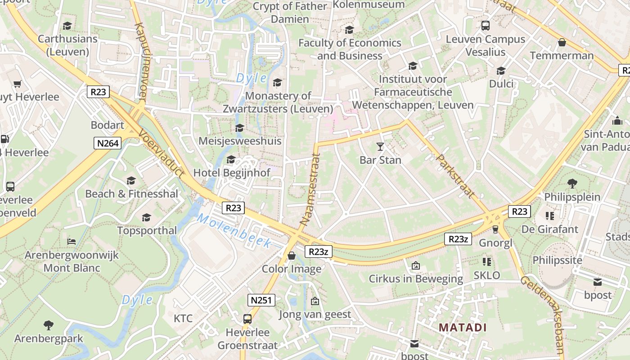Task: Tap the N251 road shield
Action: (261, 300)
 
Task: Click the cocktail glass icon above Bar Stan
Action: (380, 147)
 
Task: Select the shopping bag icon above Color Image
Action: (292, 256)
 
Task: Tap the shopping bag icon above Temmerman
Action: (562, 43)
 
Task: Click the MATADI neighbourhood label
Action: (463, 327)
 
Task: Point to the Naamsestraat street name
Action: (310, 189)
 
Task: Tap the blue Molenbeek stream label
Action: (234, 231)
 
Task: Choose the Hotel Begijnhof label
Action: (232, 173)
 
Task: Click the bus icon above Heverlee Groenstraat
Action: (247, 319)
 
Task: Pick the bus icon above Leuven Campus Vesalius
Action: (485, 26)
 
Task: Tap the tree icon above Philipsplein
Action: (572, 184)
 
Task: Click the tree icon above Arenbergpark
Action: (48, 325)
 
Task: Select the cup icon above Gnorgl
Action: (495, 229)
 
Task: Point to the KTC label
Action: (183, 319)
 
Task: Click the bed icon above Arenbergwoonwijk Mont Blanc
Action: (72, 241)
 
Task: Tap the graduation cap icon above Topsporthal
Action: (146, 218)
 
